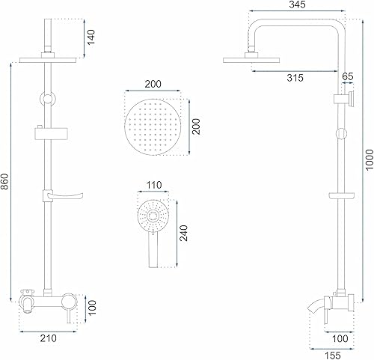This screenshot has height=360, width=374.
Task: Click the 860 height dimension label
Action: click(5, 181)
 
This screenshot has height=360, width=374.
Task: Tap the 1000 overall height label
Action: click(370, 159)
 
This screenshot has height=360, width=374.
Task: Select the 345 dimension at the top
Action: click(297, 4)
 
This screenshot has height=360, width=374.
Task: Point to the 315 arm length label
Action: click(295, 78)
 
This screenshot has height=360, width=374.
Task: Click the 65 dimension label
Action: click(348, 76)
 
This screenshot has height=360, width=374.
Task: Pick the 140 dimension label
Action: click(91, 37)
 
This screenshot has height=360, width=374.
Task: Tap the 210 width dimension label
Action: click(49, 338)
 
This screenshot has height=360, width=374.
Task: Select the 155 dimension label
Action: click(333, 356)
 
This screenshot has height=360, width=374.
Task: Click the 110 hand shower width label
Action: click(154, 185)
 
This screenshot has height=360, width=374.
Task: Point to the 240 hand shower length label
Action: click(184, 233)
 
